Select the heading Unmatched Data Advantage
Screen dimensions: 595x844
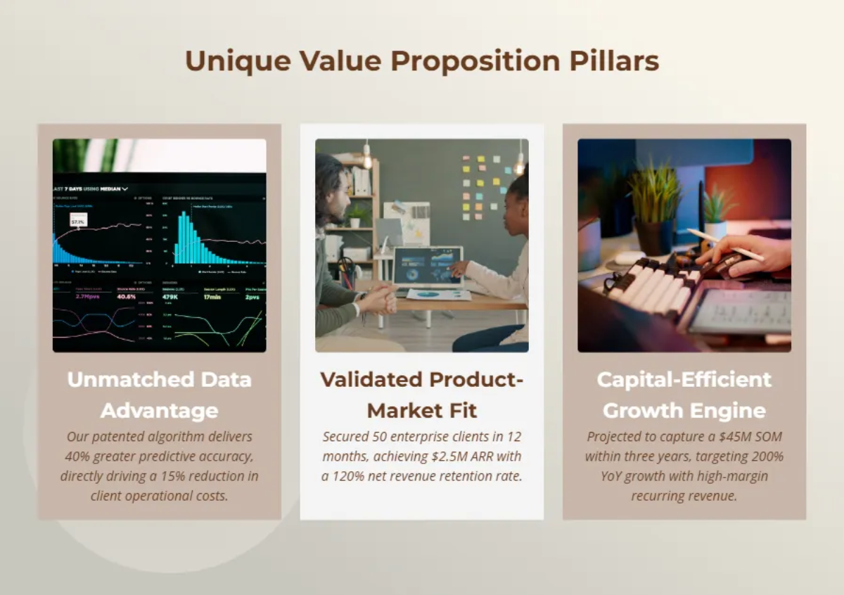tap(160, 395)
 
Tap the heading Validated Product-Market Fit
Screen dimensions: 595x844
tap(422, 395)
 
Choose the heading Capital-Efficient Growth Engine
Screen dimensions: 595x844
tap(684, 395)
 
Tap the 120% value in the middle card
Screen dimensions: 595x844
tap(354, 476)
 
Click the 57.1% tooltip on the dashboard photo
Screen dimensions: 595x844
tap(78, 222)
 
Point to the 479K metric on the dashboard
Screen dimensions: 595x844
tap(172, 297)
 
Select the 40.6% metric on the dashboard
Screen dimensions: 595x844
tap(126, 297)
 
